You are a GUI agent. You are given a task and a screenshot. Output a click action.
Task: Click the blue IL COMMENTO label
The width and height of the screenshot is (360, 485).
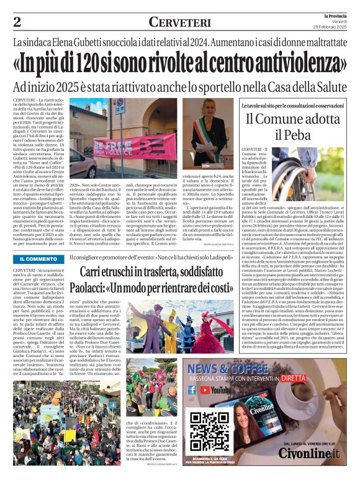coord(38,258)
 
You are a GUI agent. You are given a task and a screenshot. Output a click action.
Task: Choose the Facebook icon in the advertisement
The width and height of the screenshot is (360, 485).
coord(192,390)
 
